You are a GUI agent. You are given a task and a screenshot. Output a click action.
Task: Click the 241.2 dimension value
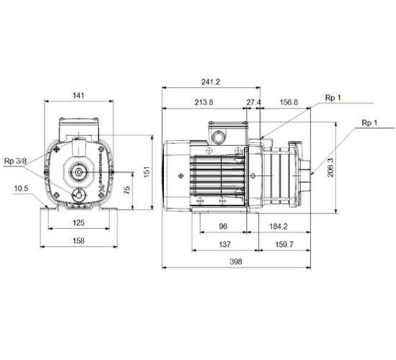coord(211,82)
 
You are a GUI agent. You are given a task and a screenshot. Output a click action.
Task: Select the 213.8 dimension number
coord(204,102)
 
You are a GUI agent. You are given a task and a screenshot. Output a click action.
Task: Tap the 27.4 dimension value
coord(253,102)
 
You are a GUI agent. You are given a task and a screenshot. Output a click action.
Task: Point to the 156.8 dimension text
coord(289,102)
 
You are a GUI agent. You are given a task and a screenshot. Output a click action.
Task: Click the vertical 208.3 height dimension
coord(330,168)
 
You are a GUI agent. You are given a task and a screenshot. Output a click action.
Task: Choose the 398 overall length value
coord(236,261)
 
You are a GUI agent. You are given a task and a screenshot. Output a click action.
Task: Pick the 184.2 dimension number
coord(279,226)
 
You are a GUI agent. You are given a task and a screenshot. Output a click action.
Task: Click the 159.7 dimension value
coord(284,245)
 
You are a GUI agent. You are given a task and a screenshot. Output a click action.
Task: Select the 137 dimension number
coord(225,245)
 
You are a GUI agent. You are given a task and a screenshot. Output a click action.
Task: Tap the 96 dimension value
coord(223,226)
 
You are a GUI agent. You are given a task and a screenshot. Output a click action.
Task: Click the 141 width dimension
coord(78,96)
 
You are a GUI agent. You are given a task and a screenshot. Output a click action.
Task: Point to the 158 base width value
coord(78,240)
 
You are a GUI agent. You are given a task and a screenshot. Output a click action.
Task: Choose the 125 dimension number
coord(78,222)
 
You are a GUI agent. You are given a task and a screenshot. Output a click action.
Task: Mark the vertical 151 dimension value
coord(147,172)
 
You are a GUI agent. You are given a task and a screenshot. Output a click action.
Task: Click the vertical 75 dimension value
coord(127,190)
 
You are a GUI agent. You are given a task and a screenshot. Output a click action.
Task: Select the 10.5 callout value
coord(21,189)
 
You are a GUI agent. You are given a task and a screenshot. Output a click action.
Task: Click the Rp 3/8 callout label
coord(15,161)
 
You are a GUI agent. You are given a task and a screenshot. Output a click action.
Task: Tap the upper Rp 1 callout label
coord(333,97)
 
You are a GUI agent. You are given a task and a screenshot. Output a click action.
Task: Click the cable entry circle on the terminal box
coord(217,138)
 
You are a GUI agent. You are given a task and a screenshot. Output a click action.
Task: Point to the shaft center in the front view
coord(78,172)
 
